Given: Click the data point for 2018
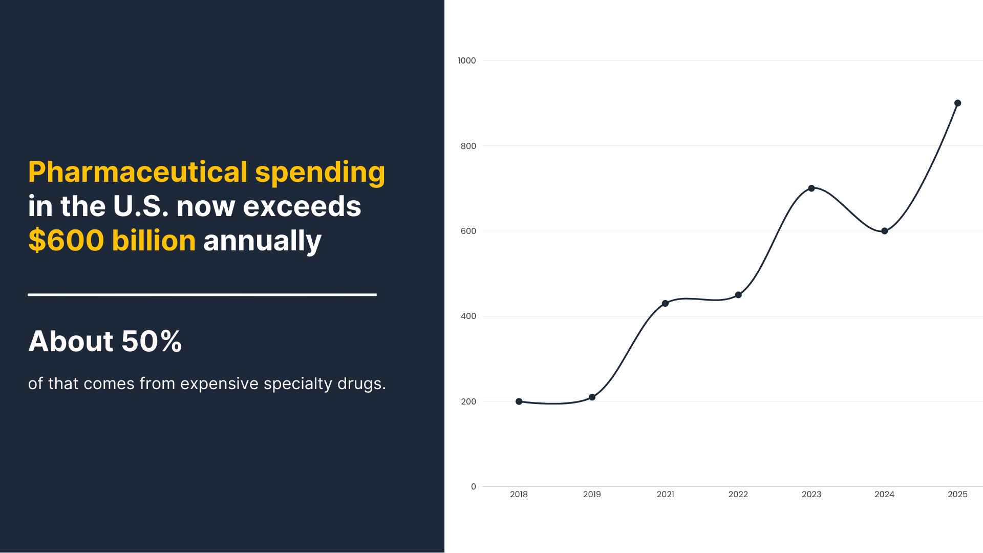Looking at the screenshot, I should pyautogui.click(x=519, y=401).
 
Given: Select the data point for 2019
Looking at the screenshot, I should pyautogui.click(x=592, y=397).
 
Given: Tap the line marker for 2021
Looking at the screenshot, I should pyautogui.click(x=665, y=304).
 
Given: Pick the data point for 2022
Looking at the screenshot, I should pyautogui.click(x=738, y=295).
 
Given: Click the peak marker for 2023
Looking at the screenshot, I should pyautogui.click(x=811, y=188).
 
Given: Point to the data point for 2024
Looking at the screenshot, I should pyautogui.click(x=885, y=231).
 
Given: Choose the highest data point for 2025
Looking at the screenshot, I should pyautogui.click(x=958, y=103).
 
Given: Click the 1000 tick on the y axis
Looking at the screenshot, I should pyautogui.click(x=466, y=60).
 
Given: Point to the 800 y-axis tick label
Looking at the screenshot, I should pyautogui.click(x=468, y=146).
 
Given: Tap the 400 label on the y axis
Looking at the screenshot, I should pyautogui.click(x=468, y=316).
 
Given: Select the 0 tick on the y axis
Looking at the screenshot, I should pyautogui.click(x=473, y=487).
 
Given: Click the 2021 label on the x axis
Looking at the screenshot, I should pyautogui.click(x=665, y=495).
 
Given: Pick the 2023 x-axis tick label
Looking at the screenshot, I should pyautogui.click(x=811, y=495).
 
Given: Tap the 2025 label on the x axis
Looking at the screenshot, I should pyautogui.click(x=957, y=495).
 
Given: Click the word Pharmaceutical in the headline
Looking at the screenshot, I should pyautogui.click(x=138, y=172).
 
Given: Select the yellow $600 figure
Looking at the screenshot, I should pyautogui.click(x=66, y=241).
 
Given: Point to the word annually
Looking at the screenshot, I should pyautogui.click(x=262, y=241).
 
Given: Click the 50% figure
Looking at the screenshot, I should pyautogui.click(x=152, y=341).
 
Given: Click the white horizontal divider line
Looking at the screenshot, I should pyautogui.click(x=202, y=295).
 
